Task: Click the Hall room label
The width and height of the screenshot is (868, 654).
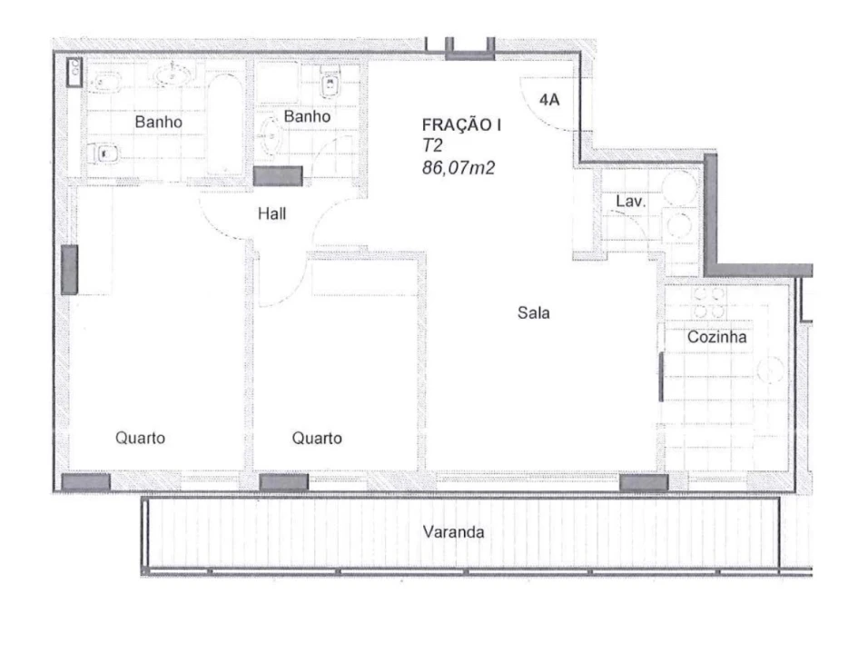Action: [x=271, y=213]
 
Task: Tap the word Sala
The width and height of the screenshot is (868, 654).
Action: [x=534, y=312]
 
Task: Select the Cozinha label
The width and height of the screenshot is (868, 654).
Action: [x=717, y=337]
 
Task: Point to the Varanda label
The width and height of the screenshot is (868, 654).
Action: [x=453, y=532]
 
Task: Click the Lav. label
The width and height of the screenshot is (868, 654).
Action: [x=631, y=201]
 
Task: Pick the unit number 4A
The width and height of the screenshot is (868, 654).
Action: [x=549, y=100]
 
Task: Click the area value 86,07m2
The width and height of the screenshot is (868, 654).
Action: [x=459, y=167]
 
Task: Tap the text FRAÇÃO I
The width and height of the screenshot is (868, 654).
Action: [x=461, y=125]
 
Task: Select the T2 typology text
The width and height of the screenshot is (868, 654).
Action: [x=432, y=145]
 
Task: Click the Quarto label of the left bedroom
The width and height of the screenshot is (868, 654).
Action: [x=140, y=438]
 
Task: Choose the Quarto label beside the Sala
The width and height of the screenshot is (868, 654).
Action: [x=317, y=438]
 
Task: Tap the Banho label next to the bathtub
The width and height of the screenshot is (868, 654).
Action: [x=158, y=122]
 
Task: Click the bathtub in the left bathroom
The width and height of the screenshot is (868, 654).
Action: [x=224, y=124]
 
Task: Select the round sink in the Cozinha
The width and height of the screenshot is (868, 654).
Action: [x=771, y=370]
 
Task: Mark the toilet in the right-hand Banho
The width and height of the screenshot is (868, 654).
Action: [x=330, y=83]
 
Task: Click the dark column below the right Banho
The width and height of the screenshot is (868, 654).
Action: [x=278, y=176]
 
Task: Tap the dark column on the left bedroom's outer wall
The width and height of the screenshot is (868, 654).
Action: [x=69, y=270]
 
